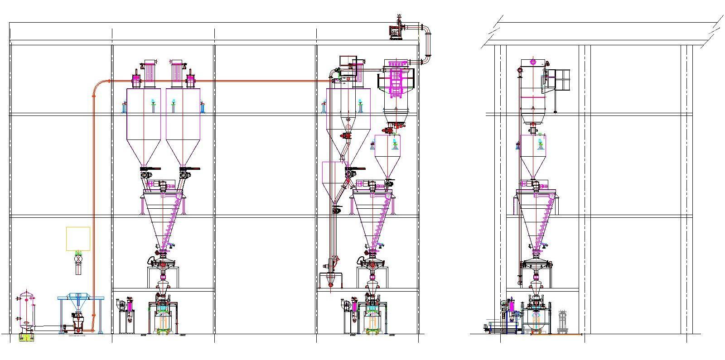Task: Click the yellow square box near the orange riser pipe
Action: (x=78, y=239)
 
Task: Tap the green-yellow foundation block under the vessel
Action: (x=26, y=337)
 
